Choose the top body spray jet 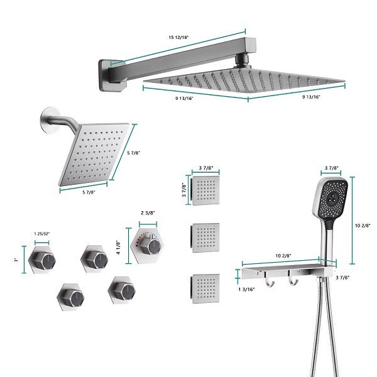tap(205, 189)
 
